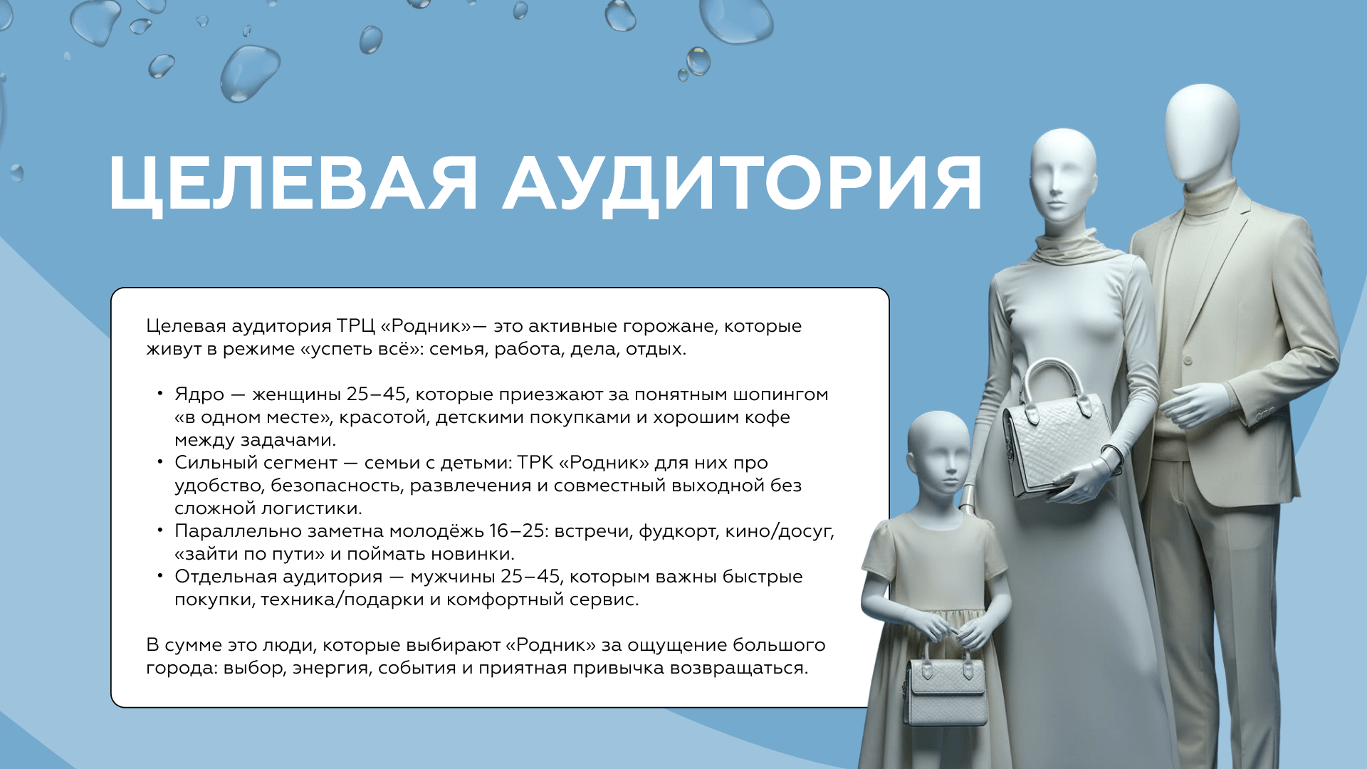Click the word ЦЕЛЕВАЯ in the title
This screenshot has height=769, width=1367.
[x=293, y=184]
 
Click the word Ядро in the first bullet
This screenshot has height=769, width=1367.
[x=199, y=395]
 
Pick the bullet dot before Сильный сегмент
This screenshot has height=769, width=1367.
[x=160, y=461]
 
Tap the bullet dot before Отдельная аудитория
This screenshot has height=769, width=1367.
[x=160, y=575]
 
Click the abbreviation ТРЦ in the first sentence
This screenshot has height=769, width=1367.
[x=355, y=326]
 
